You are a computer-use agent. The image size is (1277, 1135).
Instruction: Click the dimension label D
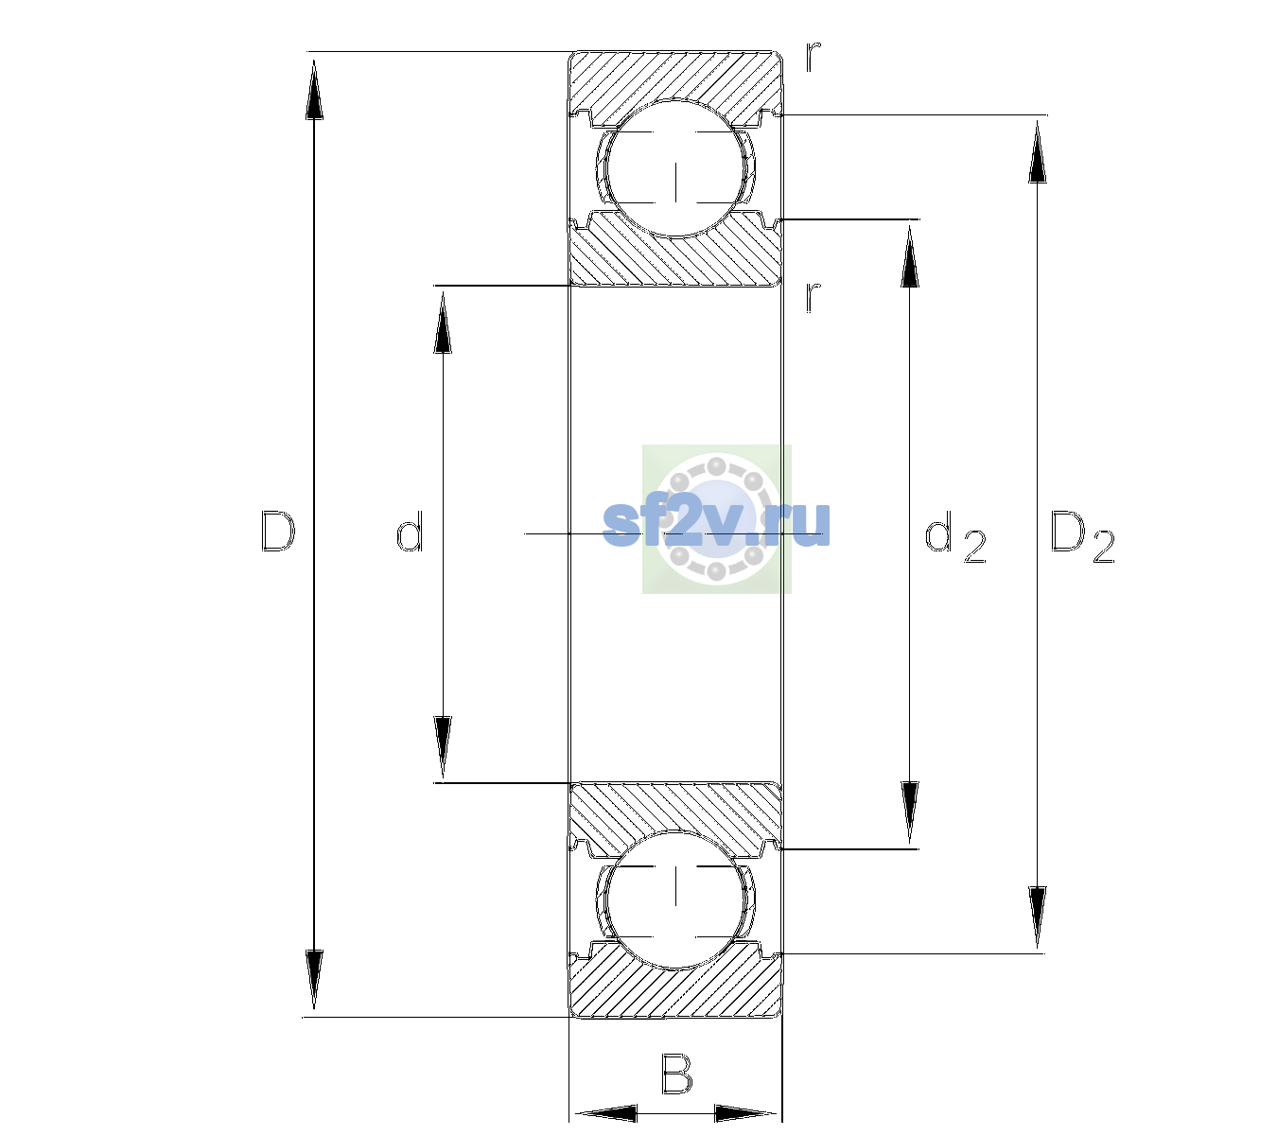click(x=277, y=532)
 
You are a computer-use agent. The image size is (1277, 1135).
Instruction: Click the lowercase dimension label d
click(x=410, y=532)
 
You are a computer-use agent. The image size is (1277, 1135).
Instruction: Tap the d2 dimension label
click(x=955, y=537)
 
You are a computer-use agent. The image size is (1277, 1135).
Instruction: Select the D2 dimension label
click(x=1082, y=537)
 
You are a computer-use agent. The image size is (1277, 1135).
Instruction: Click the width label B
click(x=676, y=1074)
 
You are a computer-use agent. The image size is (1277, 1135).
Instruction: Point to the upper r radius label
click(x=813, y=56)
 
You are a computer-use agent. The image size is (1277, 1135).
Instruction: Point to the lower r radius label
click(x=813, y=297)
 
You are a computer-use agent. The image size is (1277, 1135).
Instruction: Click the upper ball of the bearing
click(x=675, y=169)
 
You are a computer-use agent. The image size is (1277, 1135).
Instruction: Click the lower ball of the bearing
click(x=675, y=899)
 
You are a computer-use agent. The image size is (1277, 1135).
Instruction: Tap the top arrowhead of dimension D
click(x=315, y=89)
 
